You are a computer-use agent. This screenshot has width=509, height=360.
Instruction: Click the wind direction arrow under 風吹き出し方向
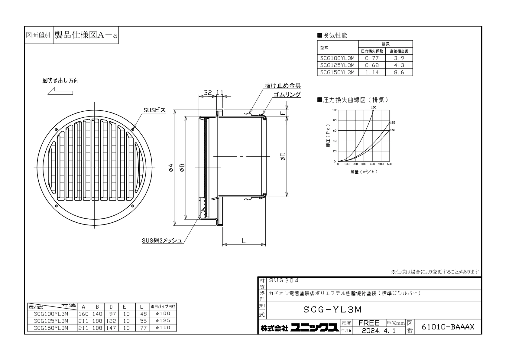pos(60,91)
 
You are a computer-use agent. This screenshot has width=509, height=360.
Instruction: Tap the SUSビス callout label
pos(154,110)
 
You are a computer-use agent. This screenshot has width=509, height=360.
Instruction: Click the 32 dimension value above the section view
pos(208,93)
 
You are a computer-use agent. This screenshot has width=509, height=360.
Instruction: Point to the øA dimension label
pos(171,167)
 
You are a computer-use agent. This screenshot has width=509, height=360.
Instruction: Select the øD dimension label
pos(283,156)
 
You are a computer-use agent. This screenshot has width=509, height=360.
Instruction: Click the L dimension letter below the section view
pos(244,241)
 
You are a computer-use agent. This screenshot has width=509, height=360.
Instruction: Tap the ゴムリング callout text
pos(287,94)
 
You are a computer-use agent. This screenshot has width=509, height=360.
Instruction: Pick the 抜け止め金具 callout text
pos(283,86)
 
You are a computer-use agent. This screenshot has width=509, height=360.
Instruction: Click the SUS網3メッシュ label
pos(162,241)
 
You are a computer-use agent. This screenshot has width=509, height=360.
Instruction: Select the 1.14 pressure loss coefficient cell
pos(372,72)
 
